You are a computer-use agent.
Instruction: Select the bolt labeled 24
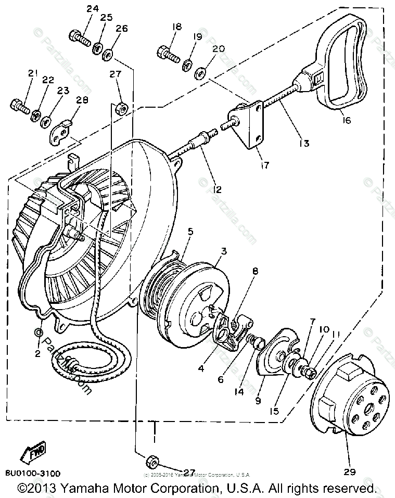[x=78, y=38]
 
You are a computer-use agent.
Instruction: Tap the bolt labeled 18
[x=167, y=53]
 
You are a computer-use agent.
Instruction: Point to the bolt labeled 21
[x=20, y=106]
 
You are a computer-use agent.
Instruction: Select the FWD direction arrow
[x=33, y=452]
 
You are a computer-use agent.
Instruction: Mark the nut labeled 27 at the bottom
[x=152, y=461]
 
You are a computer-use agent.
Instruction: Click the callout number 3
[x=223, y=251]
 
